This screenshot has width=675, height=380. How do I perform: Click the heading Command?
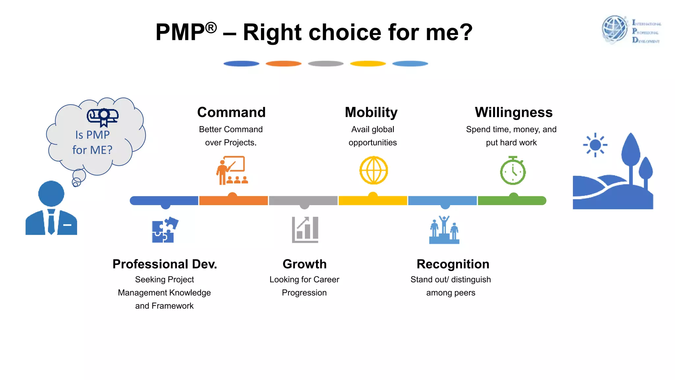point(231,112)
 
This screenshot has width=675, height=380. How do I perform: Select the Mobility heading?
point(371,112)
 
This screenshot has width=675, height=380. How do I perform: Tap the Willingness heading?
point(514,112)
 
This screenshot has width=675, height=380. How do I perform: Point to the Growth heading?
point(305,264)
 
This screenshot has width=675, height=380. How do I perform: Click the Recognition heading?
point(453,264)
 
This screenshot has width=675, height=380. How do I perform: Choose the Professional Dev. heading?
point(164,264)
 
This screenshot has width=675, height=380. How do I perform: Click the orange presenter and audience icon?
point(232,170)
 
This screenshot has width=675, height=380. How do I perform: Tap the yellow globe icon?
point(373,170)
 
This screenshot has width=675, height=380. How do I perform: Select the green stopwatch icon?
point(513,171)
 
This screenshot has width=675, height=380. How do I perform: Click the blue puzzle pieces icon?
point(164,230)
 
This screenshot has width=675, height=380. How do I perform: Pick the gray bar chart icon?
point(305,230)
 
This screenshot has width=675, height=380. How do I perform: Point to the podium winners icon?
point(444,230)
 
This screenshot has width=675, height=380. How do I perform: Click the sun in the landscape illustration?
point(595,145)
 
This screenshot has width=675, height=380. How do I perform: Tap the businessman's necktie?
point(51,221)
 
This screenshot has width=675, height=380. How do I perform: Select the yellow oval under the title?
point(368,64)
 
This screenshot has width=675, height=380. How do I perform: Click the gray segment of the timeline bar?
point(303,201)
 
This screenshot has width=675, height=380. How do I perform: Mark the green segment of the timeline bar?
point(512,201)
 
